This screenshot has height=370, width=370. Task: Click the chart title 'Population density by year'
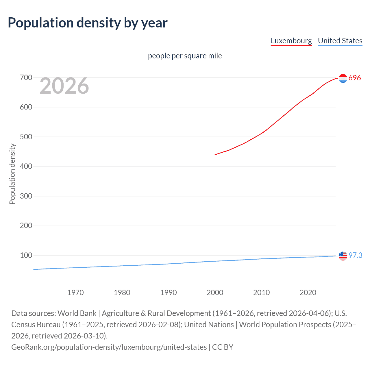[x=88, y=23]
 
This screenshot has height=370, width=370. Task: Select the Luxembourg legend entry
[x=291, y=41]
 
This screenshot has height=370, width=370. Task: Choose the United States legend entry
[x=340, y=41]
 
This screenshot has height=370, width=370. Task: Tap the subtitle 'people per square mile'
[x=185, y=56]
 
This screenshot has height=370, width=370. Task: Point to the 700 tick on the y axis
[x=26, y=77]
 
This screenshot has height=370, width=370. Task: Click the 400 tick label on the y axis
[x=26, y=166]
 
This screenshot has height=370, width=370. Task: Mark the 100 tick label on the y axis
[x=26, y=255]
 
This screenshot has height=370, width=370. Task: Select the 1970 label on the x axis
[x=75, y=293]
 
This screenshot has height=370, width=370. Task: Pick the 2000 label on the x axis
[x=215, y=293]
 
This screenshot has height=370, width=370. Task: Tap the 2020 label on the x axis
[x=308, y=293]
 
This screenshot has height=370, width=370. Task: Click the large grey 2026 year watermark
[x=64, y=86]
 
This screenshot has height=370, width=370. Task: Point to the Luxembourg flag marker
[x=343, y=78]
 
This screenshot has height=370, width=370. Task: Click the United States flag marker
[x=343, y=256]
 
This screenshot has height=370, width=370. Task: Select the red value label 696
[x=355, y=78]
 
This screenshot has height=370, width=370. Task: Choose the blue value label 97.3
[x=355, y=255]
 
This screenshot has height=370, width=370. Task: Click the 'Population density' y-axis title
[x=12, y=174]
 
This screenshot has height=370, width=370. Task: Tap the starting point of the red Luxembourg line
[x=215, y=154]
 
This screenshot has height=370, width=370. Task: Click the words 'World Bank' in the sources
[x=77, y=313]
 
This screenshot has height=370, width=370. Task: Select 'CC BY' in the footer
[x=223, y=347]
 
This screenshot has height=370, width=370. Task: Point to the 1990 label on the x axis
[x=169, y=293]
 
